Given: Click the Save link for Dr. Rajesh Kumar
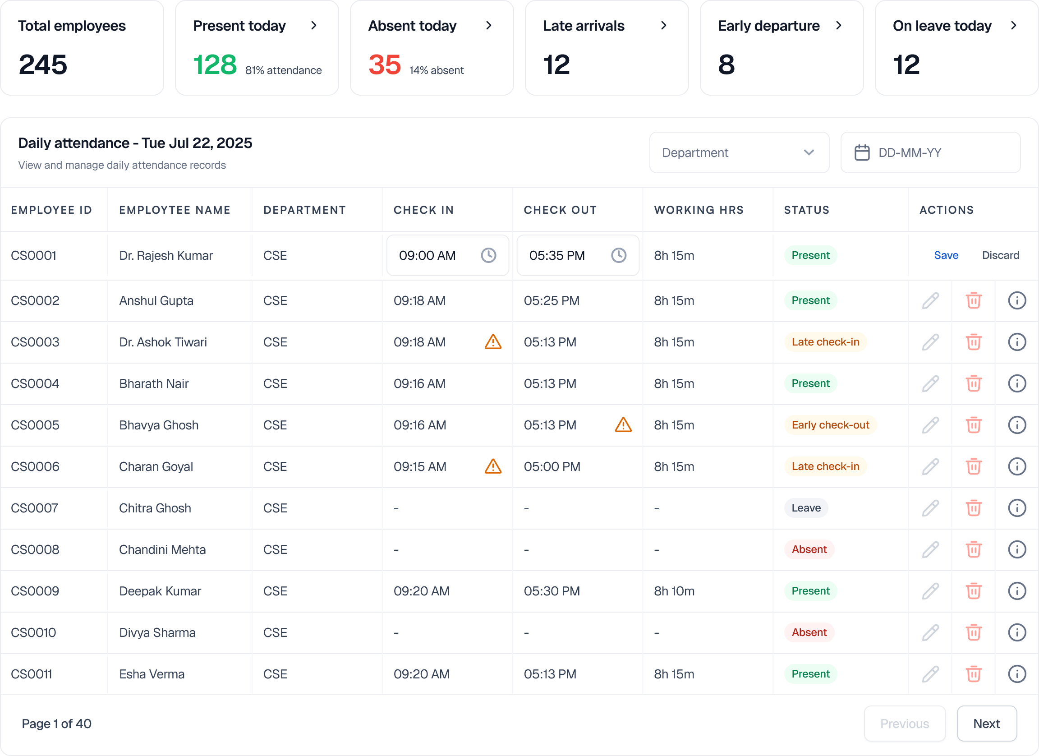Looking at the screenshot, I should (x=946, y=255).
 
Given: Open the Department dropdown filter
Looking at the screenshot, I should (x=739, y=152).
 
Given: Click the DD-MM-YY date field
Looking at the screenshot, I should (x=930, y=152).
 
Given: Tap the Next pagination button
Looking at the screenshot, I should (x=986, y=724).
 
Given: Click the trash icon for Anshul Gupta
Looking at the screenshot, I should (x=974, y=300).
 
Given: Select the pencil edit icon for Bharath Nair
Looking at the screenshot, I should (x=930, y=383).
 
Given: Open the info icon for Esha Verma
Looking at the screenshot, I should (x=1016, y=673).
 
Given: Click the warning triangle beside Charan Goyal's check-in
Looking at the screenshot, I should (x=493, y=466).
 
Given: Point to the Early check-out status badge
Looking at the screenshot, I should (x=830, y=425).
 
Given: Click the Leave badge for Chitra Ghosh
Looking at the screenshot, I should (x=806, y=507).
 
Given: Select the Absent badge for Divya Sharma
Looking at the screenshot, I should (x=809, y=632).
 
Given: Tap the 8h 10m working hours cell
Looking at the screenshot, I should (x=674, y=591).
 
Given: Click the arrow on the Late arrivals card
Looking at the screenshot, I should (x=663, y=26).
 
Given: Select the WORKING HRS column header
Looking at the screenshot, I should (x=699, y=210).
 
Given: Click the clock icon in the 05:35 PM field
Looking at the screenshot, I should (x=618, y=255).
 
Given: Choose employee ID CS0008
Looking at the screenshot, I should (x=35, y=549).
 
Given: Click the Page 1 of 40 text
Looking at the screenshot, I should (x=56, y=724).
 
